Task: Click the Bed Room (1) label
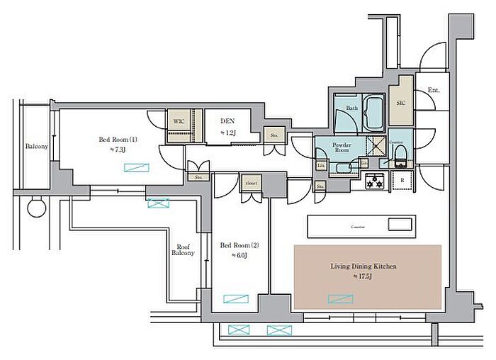[118, 140]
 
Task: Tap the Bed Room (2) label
[239, 246]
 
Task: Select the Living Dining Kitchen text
[363, 266]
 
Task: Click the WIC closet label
[179, 121]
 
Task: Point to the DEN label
[227, 122]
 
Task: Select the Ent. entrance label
[433, 91]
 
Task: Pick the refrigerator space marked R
[402, 181]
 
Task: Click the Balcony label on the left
[36, 147]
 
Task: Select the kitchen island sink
[400, 226]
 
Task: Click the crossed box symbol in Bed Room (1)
[137, 168]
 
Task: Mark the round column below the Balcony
[35, 209]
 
